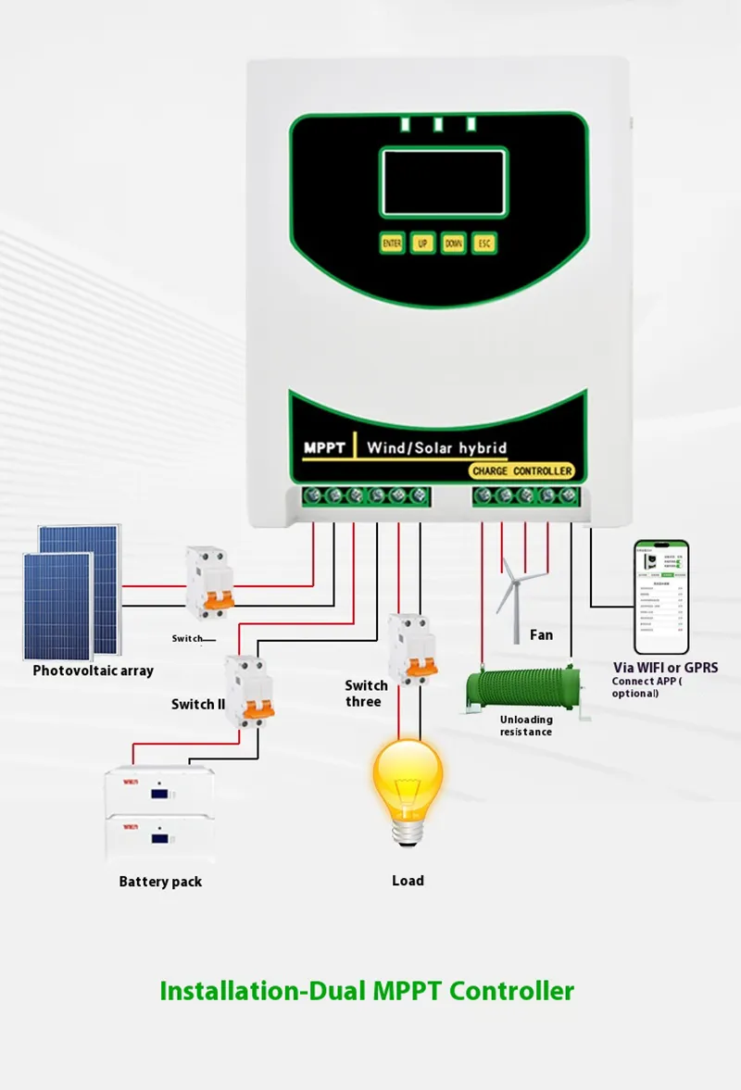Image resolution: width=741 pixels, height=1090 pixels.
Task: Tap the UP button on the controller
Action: (x=422, y=243)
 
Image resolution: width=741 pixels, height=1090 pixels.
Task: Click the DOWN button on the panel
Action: (x=453, y=243)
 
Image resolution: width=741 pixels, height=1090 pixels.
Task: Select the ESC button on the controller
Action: (x=484, y=243)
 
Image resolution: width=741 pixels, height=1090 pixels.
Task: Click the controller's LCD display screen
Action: (x=443, y=182)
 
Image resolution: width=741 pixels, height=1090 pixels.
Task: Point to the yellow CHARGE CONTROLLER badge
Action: (x=521, y=471)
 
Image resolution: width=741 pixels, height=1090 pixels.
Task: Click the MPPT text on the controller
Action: (x=324, y=448)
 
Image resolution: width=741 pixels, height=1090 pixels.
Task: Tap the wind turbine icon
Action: (x=517, y=593)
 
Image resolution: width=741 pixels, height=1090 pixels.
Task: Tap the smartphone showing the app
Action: (x=661, y=596)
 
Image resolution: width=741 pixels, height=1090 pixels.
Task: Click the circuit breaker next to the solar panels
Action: (x=209, y=583)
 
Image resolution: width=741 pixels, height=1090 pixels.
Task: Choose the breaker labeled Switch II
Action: (x=249, y=691)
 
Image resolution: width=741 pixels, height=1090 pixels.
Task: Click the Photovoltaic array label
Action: (x=93, y=670)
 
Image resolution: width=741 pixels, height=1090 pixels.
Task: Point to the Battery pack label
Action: (x=160, y=882)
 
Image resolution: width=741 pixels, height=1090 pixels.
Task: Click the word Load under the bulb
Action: (x=408, y=881)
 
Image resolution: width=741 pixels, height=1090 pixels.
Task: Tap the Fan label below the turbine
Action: (x=541, y=634)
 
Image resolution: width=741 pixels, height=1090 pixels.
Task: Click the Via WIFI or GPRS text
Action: (x=665, y=667)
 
